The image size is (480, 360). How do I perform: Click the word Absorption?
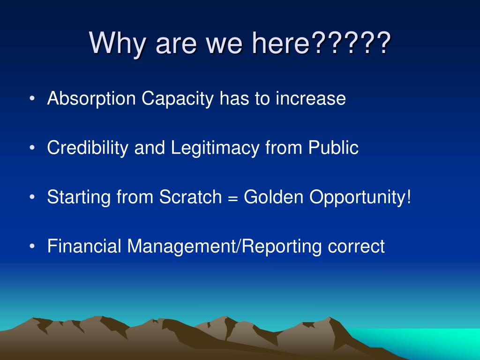[91, 99]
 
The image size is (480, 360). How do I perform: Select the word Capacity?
[177, 99]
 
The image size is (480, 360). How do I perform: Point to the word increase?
[311, 98]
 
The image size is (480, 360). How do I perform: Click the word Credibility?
[88, 148]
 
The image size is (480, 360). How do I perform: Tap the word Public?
[333, 147]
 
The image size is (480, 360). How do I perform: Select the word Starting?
[79, 197]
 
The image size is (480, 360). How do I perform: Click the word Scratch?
[190, 196]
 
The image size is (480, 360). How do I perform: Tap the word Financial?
[84, 246]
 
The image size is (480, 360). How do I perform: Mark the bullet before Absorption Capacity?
[32, 99]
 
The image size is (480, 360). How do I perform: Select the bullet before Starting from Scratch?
[32, 197]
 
